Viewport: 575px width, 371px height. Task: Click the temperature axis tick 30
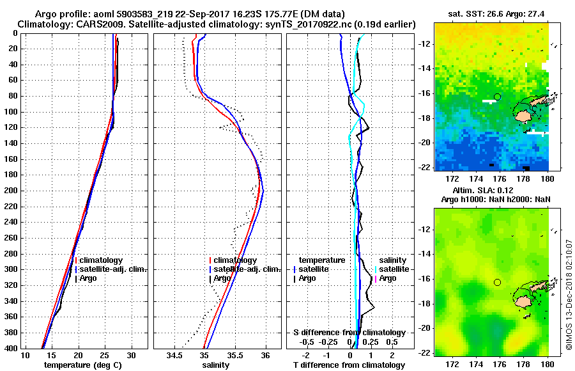click(x=131, y=355)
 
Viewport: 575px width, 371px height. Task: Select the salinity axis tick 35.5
click(x=234, y=355)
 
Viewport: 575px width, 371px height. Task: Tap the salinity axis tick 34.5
click(x=174, y=355)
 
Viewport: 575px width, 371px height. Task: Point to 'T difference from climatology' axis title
click(x=349, y=365)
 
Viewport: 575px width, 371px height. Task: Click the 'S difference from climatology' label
click(x=349, y=333)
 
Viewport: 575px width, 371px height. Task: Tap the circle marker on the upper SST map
click(x=498, y=97)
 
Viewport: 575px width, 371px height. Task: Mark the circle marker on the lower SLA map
click(x=498, y=282)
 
